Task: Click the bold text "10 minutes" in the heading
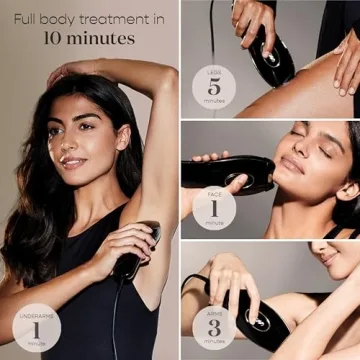click(88, 39)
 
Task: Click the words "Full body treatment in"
click(88, 18)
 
